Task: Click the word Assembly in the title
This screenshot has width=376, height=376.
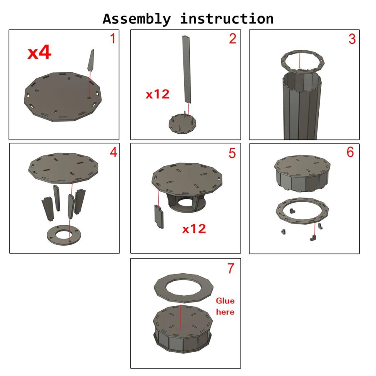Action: point(137,19)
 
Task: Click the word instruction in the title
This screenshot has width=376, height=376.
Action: point(227,18)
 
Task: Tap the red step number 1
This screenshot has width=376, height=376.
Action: point(113,38)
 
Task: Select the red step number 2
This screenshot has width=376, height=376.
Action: point(232,38)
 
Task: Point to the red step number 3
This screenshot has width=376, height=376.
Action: point(352,39)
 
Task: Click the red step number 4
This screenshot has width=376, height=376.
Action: point(113,152)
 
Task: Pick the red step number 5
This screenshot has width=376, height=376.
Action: point(232,153)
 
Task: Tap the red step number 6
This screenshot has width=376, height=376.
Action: point(350,152)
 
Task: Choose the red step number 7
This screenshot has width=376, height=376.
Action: point(231,268)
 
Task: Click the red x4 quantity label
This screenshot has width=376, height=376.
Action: point(39,53)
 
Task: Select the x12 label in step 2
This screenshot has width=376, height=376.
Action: point(158,94)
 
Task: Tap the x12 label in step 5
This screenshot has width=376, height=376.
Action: point(194,229)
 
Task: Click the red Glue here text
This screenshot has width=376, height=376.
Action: point(225,306)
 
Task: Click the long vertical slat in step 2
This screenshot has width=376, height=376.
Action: point(187,69)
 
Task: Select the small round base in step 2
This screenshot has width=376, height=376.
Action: point(183,124)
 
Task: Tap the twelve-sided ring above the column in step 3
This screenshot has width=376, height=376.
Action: point(283,61)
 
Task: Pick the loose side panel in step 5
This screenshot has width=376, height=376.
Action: point(159,217)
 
